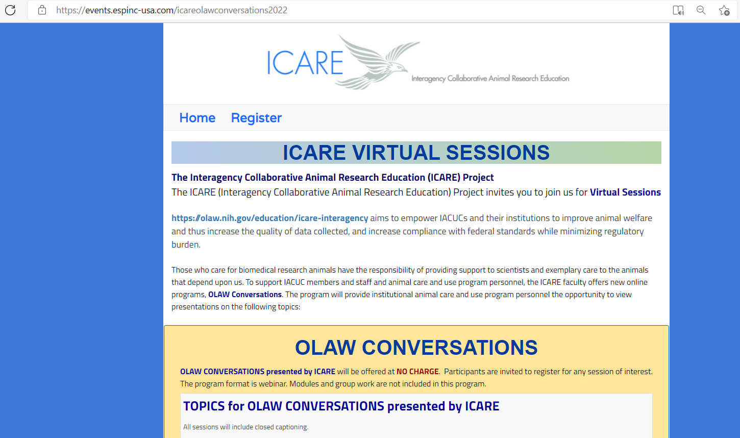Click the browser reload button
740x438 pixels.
coord(10,10)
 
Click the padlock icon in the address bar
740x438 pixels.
coord(42,10)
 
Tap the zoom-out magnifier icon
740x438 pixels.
coord(701,10)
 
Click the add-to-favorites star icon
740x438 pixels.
coord(724,10)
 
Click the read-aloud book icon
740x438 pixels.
coord(678,10)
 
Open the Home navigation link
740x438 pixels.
coord(197,118)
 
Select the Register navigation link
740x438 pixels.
coord(256,118)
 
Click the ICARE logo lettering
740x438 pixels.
coord(305,63)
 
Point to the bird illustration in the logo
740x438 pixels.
coord(377,63)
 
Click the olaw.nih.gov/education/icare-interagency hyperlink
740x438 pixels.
coord(269,218)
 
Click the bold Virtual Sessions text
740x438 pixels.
coord(625,192)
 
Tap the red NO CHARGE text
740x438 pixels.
coord(417,372)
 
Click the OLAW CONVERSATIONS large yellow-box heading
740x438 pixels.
coord(416,348)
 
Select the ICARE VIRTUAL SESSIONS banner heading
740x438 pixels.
coord(416,153)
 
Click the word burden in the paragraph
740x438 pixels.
coord(185,245)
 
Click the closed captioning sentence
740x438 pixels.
coord(246,427)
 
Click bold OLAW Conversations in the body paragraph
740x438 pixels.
coord(245,295)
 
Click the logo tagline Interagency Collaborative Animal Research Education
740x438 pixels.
coord(490,79)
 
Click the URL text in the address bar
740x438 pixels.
coord(172,10)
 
